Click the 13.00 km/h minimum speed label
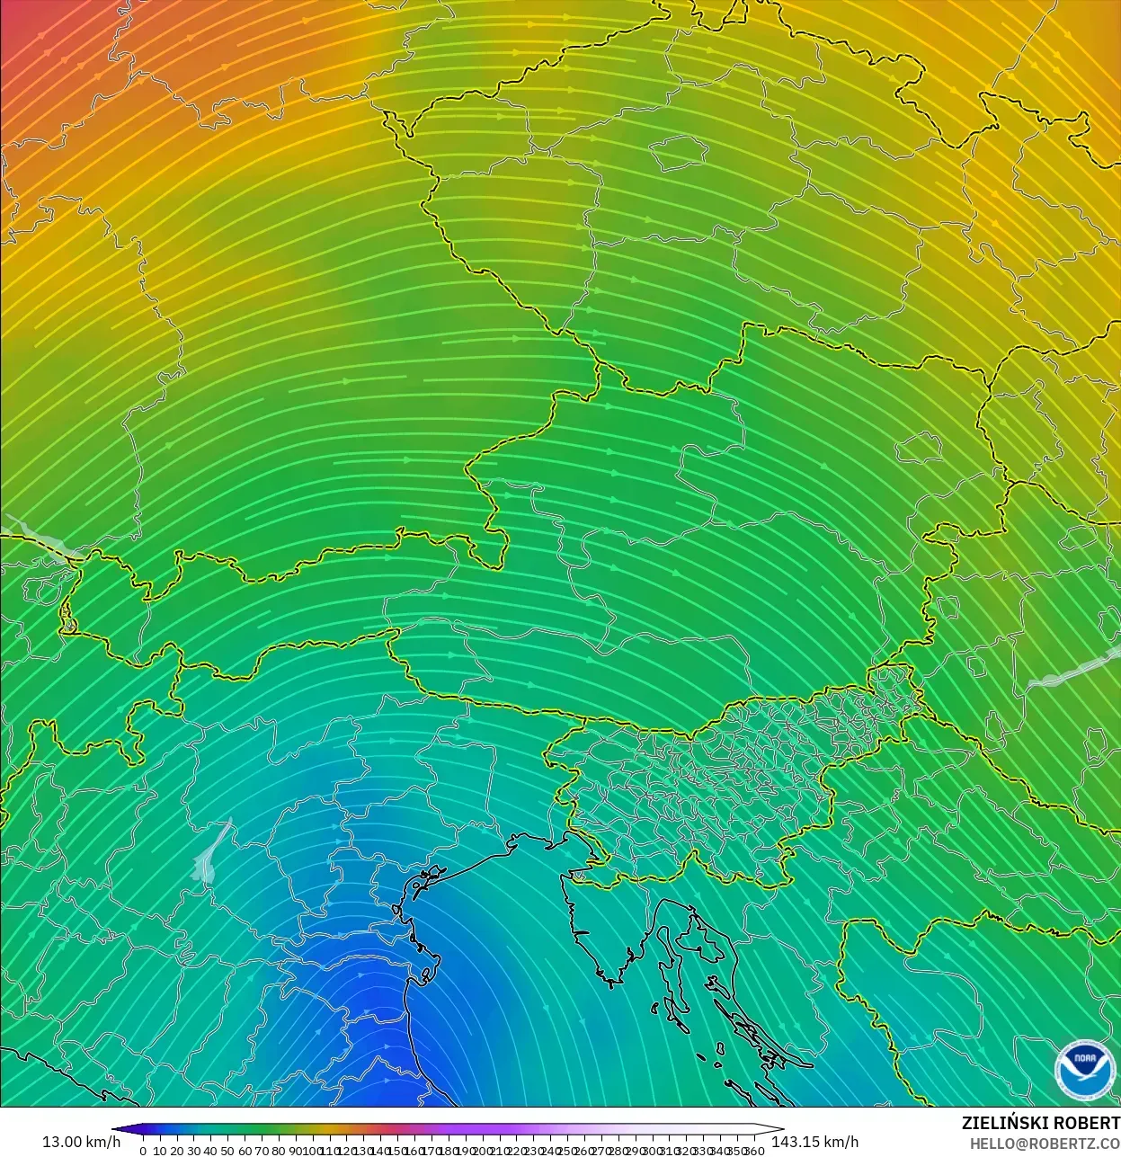click(81, 1142)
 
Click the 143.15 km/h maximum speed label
click(814, 1142)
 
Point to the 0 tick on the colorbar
click(143, 1151)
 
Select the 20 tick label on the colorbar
click(177, 1151)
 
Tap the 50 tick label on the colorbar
click(227, 1151)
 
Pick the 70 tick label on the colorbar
click(262, 1151)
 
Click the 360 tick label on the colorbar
click(755, 1151)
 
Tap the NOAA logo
click(1083, 1070)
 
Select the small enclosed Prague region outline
click(679, 154)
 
